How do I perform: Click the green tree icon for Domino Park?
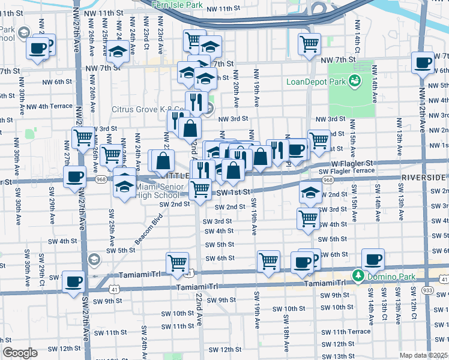[x=358, y=274]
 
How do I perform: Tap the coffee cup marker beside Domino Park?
[x=373, y=259]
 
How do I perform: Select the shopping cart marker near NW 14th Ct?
[x=309, y=43]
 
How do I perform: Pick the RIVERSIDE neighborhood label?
[x=424, y=178]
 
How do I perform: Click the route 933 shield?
[x=427, y=290]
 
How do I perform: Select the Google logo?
[x=20, y=353]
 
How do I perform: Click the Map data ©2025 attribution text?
[x=424, y=355]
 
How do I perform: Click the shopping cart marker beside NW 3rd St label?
[x=83, y=136]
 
